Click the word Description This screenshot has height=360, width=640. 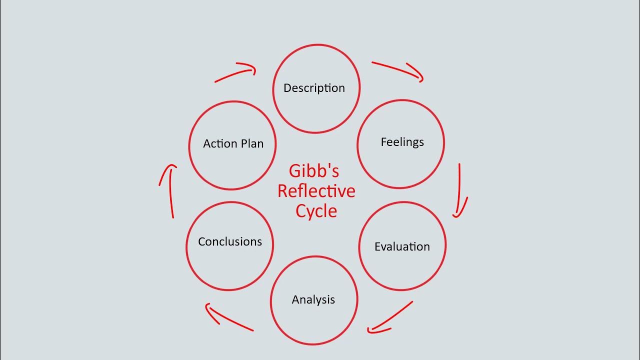pyautogui.click(x=314, y=88)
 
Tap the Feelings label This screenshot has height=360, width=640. pyautogui.click(x=402, y=142)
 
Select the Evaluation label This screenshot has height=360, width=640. pyautogui.click(x=402, y=246)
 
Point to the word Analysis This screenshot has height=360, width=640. pyautogui.click(x=313, y=300)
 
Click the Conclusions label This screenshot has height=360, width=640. pyautogui.click(x=229, y=241)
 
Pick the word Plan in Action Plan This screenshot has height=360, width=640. pyautogui.click(x=252, y=143)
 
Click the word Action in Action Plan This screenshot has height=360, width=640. pyautogui.click(x=220, y=143)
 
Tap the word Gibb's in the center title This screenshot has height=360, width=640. pyautogui.click(x=314, y=171)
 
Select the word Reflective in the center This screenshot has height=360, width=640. pyautogui.click(x=316, y=191)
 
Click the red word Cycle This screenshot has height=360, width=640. pyautogui.click(x=316, y=210)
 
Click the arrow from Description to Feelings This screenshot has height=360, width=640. pyautogui.click(x=397, y=69)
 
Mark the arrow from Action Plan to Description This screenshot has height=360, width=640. pyautogui.click(x=235, y=73)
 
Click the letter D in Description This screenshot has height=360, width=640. pyautogui.click(x=287, y=88)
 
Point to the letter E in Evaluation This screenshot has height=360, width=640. pyautogui.click(x=377, y=246)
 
